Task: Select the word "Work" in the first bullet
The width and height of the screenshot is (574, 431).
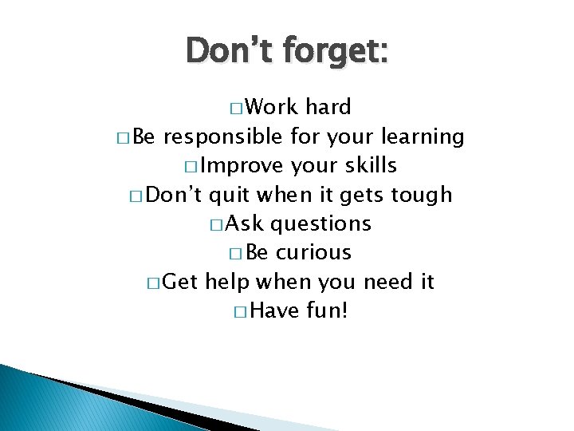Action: point(270,108)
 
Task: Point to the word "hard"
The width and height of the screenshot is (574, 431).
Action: point(328,108)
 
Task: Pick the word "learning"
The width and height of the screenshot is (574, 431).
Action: point(423,137)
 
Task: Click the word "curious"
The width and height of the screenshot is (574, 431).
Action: point(313,252)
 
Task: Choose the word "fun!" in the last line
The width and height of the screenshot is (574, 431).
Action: point(327,310)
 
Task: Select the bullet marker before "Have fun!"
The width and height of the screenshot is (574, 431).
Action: point(242,310)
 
